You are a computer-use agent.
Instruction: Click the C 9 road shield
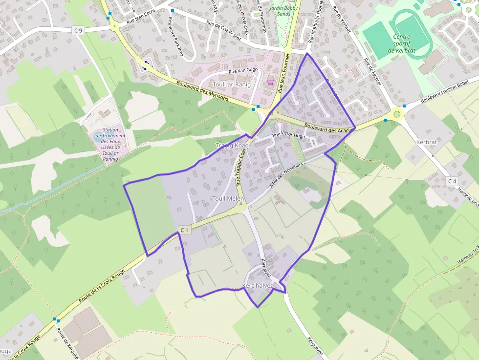click(x=78, y=30)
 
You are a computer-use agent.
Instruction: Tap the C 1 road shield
click(x=184, y=230)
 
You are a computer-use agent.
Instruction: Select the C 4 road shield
click(x=452, y=181)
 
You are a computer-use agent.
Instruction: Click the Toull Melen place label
click(x=228, y=198)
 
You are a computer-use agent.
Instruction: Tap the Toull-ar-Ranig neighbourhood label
click(x=232, y=85)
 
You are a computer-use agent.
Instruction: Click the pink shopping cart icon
click(x=270, y=83)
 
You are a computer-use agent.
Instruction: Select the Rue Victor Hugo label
click(x=288, y=135)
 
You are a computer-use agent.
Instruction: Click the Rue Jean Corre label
click(x=141, y=20)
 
